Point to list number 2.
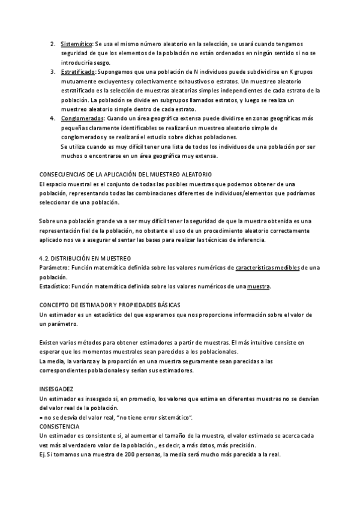tap(53, 44)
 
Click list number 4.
tap(53, 118)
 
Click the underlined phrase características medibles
tap(268, 267)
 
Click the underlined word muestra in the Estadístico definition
tap(259, 286)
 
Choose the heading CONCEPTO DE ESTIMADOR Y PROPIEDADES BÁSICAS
tap(109, 305)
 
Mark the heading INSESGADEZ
tap(56, 389)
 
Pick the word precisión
tap(242, 445)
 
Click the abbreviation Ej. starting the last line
tap(42, 454)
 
